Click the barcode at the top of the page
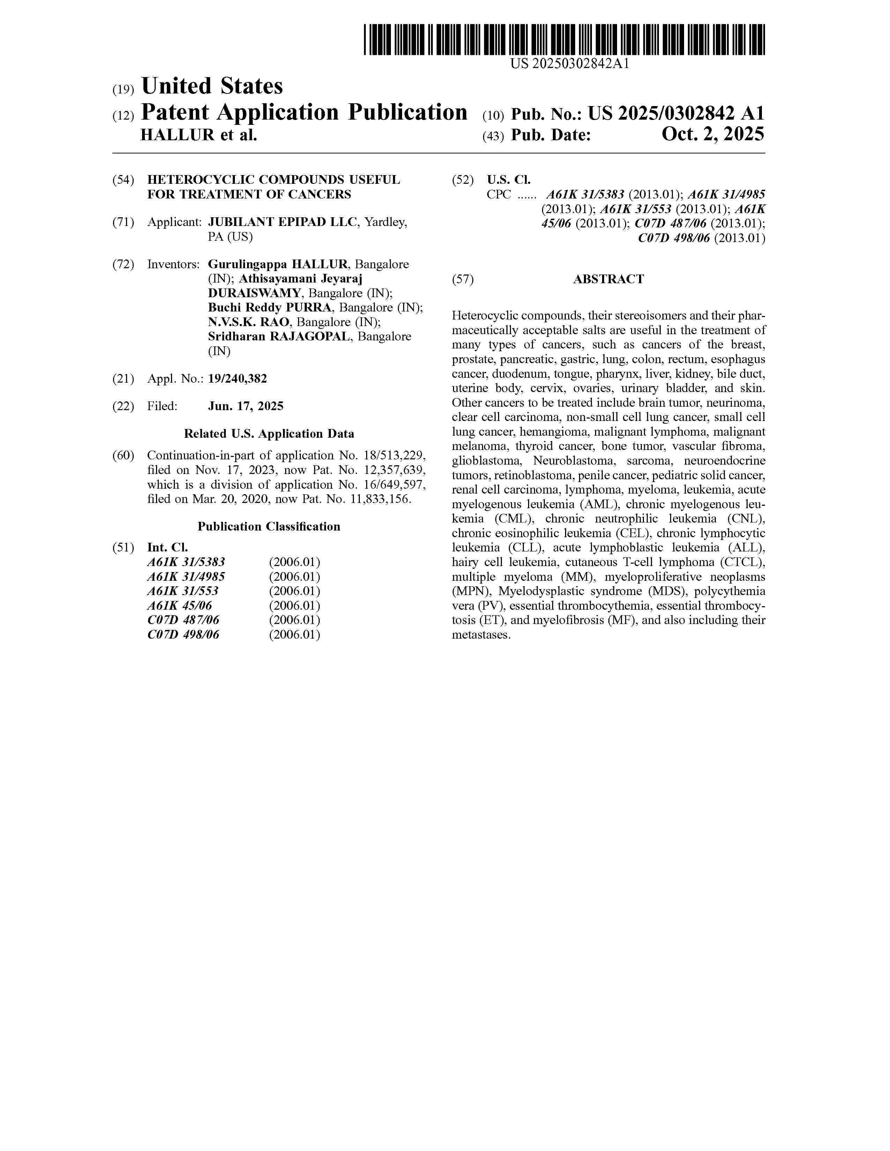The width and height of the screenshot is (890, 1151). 564,39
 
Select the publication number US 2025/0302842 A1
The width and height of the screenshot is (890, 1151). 676,113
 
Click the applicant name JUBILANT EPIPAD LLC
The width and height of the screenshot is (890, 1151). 282,222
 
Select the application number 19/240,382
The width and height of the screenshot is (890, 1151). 237,378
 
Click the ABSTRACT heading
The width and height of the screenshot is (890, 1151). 608,279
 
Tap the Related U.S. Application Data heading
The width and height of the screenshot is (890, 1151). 269,434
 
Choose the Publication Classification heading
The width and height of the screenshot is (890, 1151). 269,526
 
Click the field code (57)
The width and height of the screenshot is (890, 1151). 462,279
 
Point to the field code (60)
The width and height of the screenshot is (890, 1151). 123,455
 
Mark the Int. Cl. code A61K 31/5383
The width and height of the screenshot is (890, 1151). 186,562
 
